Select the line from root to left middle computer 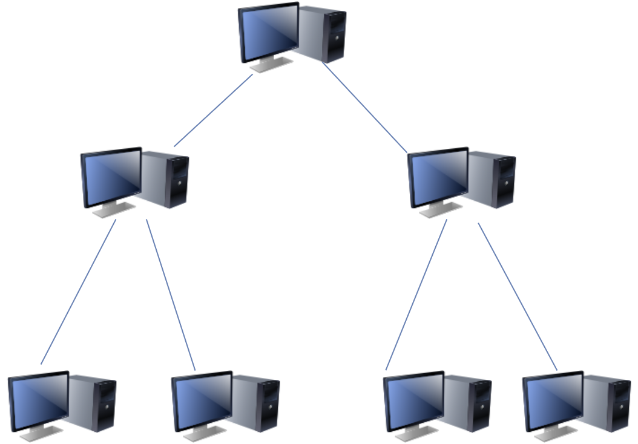click(213, 110)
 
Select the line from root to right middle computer click(366, 107)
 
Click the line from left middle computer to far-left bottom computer click(78, 292)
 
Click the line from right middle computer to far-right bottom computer click(518, 296)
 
